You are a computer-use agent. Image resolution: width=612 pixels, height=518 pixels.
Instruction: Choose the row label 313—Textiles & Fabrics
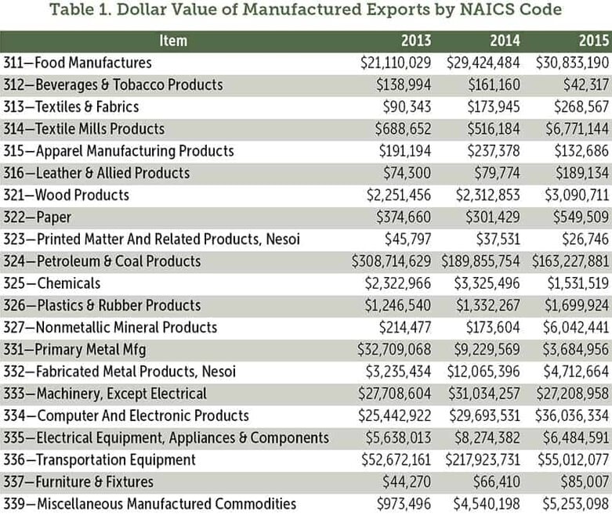click(x=71, y=106)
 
